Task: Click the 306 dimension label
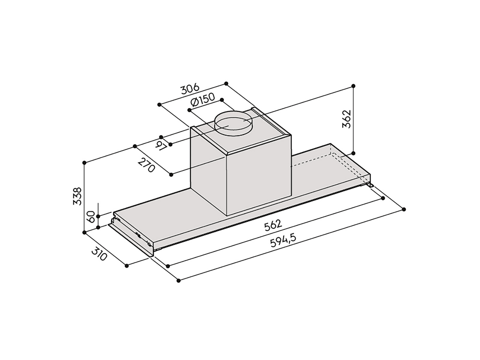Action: coord(190,90)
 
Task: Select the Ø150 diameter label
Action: coord(202,102)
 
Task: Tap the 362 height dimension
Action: coord(347,119)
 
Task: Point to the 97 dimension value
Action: coord(162,146)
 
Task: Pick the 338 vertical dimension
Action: coord(77,196)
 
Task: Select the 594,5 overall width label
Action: coord(283,240)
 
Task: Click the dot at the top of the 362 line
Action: coord(353,86)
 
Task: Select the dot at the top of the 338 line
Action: coord(84,163)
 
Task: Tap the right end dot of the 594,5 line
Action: coord(404,209)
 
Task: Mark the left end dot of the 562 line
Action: coord(168,266)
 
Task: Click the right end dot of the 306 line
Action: coord(226,83)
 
